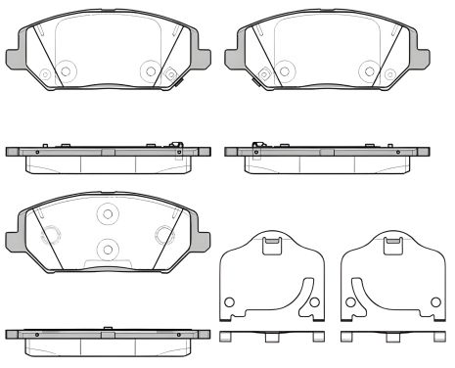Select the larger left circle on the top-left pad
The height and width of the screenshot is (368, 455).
click(67, 70)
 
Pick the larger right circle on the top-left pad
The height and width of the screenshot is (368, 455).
click(149, 70)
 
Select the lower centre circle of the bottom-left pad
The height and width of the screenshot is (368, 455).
click(108, 248)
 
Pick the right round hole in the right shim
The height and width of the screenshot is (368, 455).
click(435, 300)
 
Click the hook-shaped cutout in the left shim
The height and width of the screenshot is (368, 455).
click(306, 291)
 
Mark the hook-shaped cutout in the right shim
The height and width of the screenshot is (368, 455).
click(359, 291)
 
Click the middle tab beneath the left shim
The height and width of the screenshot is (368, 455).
click(273, 338)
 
